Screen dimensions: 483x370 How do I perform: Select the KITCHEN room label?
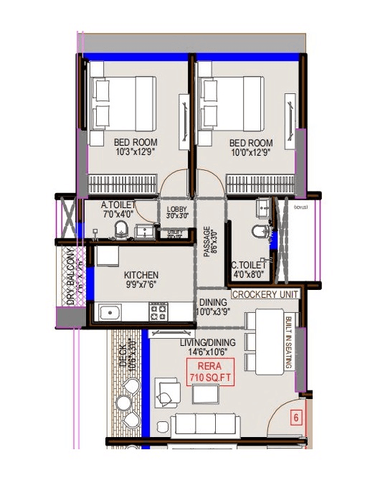click(141, 276)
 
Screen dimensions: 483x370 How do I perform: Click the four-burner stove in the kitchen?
click(158, 311)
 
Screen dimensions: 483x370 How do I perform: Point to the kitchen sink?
click(110, 312)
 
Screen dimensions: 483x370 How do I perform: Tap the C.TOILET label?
click(250, 264)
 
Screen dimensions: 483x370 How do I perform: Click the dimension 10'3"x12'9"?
click(136, 152)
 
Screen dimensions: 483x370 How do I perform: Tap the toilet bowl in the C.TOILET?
click(258, 234)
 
